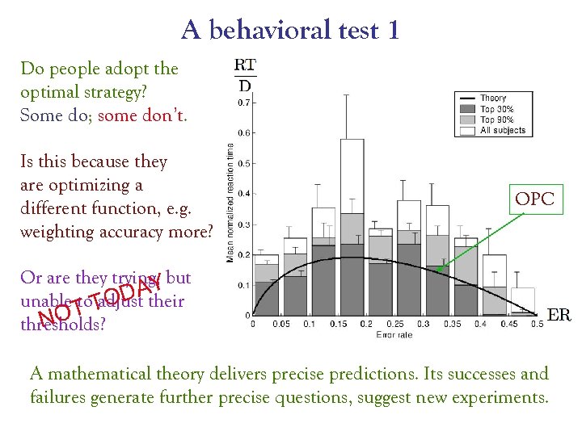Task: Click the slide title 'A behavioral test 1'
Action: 290,31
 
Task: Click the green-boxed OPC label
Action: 534,199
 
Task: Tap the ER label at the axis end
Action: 559,315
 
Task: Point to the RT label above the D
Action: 245,65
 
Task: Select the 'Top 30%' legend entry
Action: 498,109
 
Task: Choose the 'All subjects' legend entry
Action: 503,130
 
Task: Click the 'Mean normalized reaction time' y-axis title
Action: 230,202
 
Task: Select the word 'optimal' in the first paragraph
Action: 49,92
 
